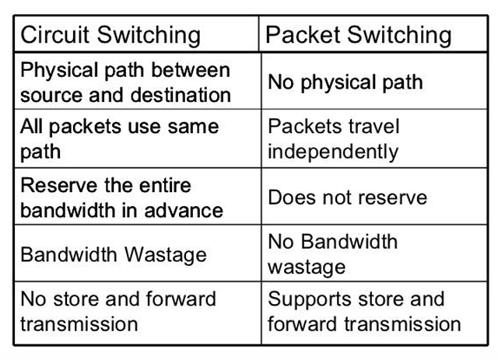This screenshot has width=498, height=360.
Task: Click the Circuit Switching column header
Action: tap(110, 35)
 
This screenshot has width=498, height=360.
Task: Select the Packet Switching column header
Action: tap(358, 35)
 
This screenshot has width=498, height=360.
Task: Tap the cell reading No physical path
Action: tap(345, 82)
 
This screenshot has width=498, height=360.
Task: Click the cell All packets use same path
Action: tap(119, 138)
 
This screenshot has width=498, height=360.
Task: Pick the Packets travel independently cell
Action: tap(333, 138)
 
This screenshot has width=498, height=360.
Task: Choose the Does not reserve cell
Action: tap(347, 197)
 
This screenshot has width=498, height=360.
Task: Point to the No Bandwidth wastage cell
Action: tap(332, 254)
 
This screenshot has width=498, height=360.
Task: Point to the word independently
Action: tap(333, 150)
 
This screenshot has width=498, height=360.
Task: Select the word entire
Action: tap(160, 186)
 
